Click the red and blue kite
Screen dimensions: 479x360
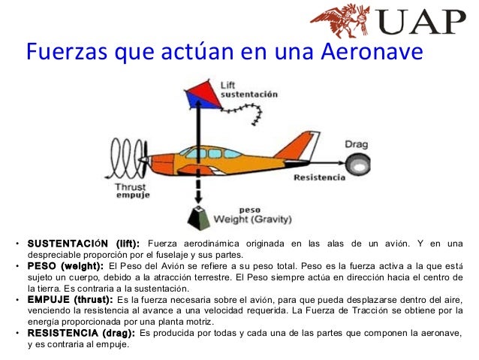(x=198, y=93)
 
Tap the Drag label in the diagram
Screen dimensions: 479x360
(x=355, y=144)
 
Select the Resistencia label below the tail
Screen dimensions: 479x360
(x=320, y=178)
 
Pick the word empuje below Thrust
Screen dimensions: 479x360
(x=133, y=195)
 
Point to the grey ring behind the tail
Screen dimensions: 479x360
(x=355, y=160)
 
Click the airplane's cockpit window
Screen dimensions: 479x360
(x=198, y=153)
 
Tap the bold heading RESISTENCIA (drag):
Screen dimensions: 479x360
(x=81, y=332)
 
